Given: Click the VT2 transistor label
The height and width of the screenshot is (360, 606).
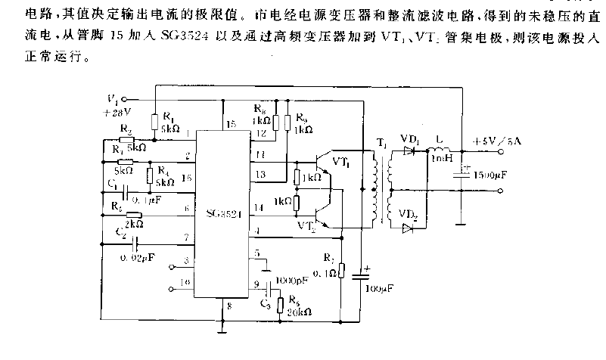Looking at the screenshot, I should (x=305, y=226).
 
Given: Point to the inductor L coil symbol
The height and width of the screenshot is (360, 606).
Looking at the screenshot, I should (x=438, y=151).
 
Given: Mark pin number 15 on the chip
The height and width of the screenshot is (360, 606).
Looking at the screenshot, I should (x=230, y=123).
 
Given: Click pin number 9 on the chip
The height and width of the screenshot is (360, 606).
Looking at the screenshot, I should (x=256, y=284).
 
